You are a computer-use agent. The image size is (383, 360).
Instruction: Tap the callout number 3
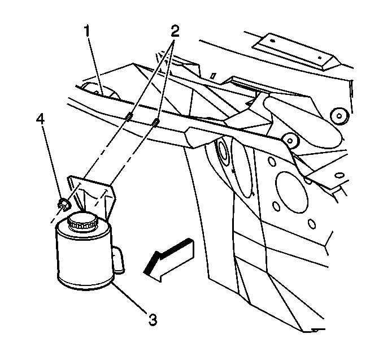151,319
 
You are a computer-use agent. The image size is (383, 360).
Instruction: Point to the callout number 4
40,119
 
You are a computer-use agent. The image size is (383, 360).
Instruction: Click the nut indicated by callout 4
64,203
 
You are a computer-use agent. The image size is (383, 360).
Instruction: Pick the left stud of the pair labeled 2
129,118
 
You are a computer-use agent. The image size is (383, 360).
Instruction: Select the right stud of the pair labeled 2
155,123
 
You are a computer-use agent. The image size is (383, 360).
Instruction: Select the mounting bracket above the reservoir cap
93,192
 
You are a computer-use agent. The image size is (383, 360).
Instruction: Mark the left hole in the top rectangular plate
272,41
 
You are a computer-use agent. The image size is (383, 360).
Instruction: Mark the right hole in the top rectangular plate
321,58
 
